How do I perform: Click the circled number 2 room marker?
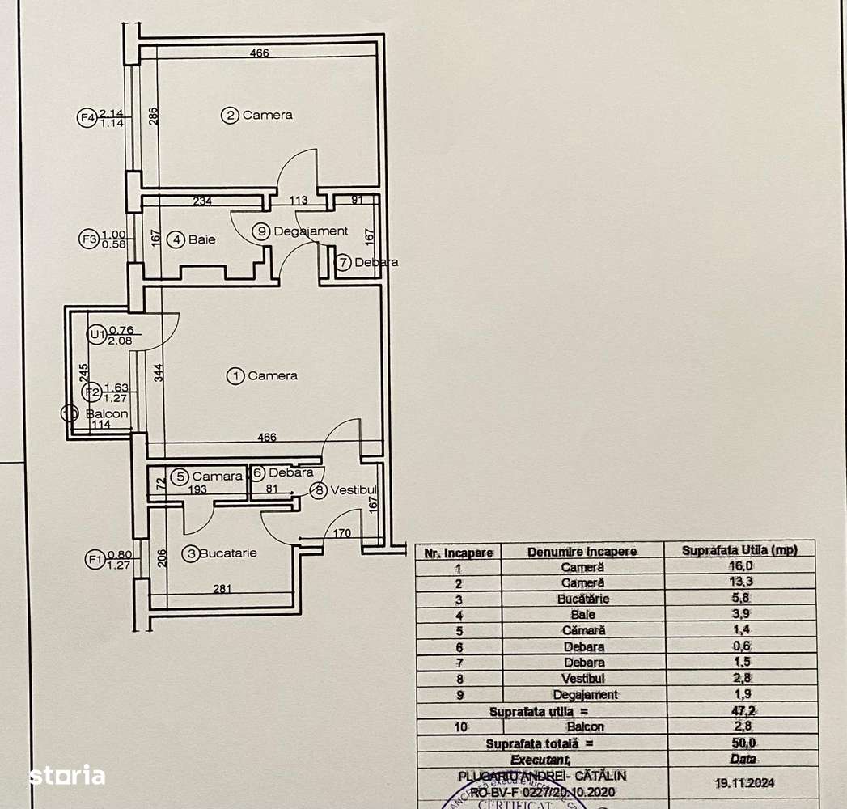(231, 116)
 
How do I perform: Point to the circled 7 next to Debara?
(343, 262)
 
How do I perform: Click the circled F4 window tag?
(87, 118)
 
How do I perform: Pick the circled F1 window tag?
(94, 558)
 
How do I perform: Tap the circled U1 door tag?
(97, 334)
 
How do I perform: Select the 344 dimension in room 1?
(159, 373)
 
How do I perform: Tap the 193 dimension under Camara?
(197, 489)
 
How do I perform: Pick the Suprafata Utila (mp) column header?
(739, 550)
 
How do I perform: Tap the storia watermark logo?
(67, 775)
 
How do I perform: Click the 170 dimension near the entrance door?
(341, 533)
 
